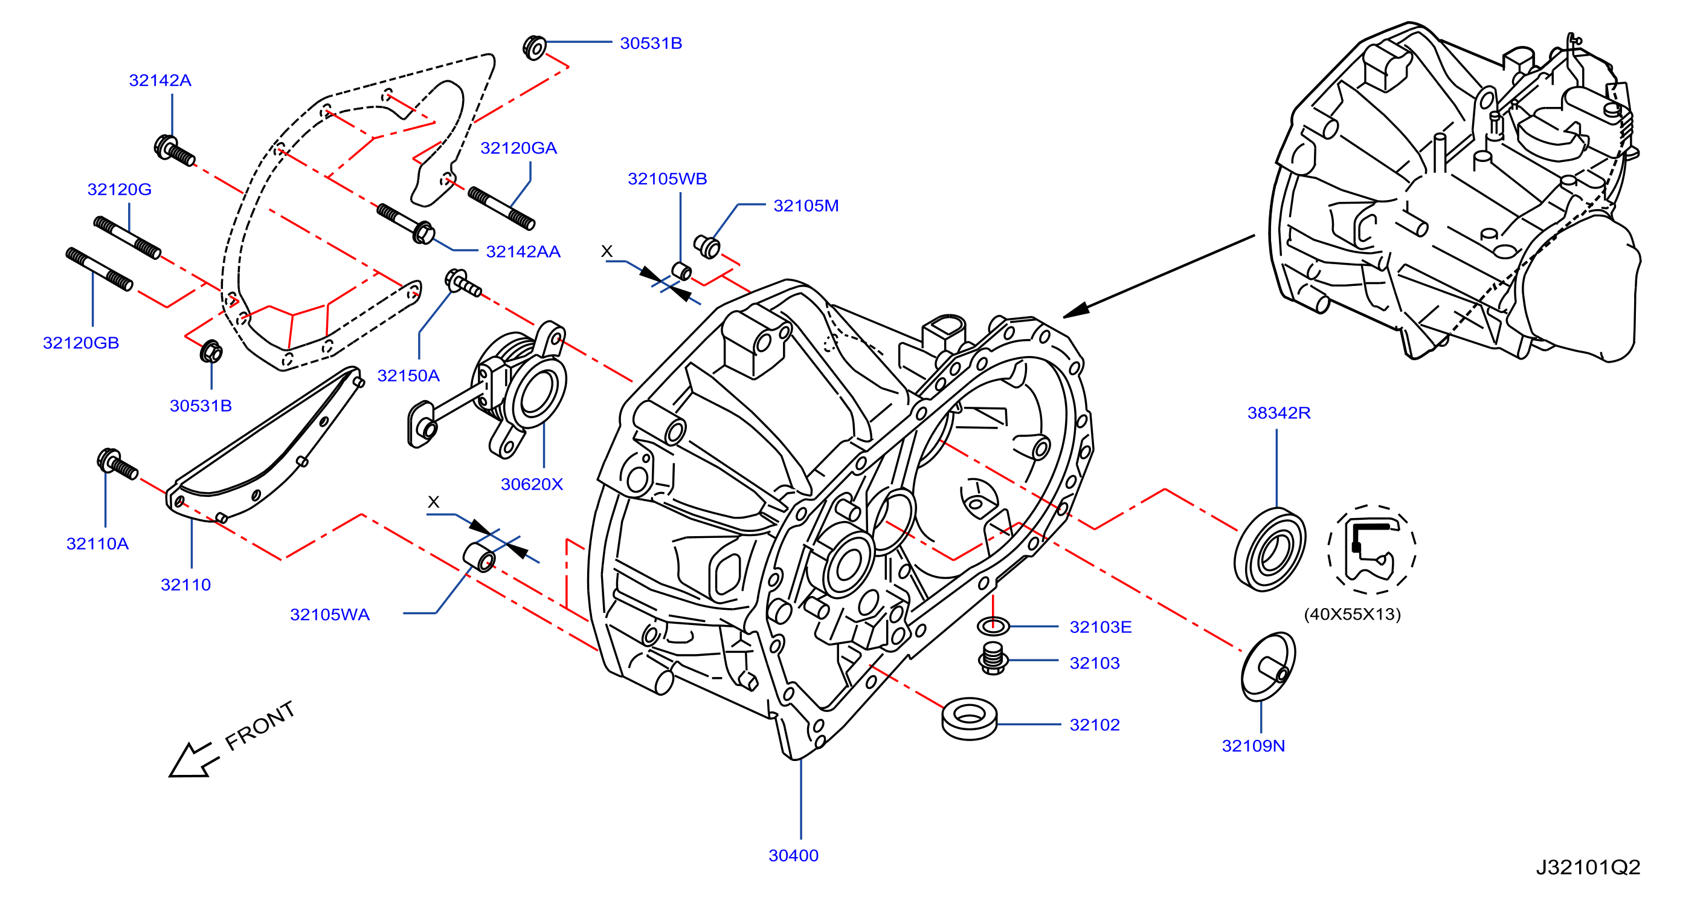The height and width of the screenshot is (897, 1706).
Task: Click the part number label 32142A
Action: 159,80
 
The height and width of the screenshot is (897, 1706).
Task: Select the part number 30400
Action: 793,855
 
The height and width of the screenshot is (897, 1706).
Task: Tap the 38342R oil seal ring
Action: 1270,550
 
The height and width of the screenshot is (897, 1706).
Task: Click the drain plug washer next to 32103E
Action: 993,626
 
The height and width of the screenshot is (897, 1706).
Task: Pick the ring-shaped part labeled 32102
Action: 969,717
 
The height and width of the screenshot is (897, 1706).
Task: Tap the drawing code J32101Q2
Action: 1588,867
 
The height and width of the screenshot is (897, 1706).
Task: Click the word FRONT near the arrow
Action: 260,725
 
